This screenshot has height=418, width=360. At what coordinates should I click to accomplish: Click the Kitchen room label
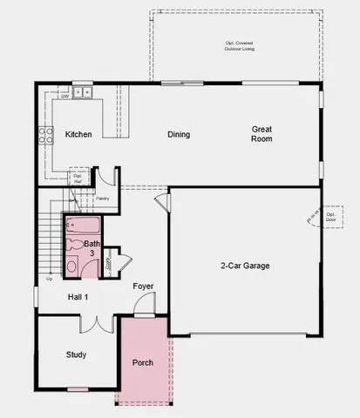79,134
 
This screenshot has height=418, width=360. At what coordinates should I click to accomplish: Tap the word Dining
179,134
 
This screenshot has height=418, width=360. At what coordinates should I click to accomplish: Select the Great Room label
262,133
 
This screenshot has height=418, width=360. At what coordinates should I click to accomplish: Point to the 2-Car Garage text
245,265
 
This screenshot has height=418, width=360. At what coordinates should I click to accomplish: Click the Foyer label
144,286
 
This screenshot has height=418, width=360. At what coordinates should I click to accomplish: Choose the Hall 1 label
78,297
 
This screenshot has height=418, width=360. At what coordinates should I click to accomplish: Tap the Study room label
76,354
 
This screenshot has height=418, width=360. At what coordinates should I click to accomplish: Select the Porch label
142,362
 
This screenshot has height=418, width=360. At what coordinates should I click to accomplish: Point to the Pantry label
113,198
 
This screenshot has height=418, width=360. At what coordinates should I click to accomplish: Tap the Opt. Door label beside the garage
331,217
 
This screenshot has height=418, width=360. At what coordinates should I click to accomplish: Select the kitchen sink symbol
83,91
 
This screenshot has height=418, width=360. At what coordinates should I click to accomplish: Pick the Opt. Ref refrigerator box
78,179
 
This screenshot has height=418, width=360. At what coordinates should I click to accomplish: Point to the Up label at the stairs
49,280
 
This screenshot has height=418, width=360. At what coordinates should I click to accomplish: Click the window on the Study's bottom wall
78,388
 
